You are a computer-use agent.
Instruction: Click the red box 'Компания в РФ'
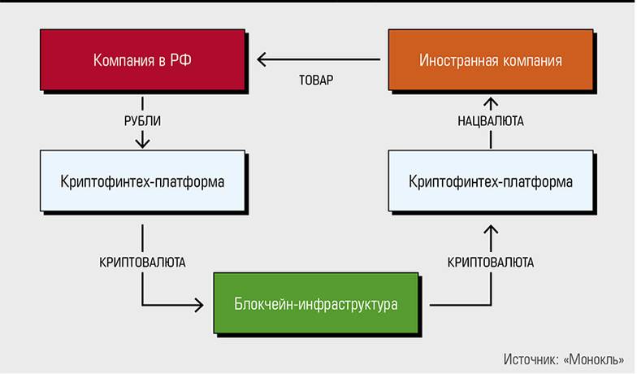pos(142,60)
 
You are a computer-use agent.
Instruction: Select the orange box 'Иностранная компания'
pos(490,60)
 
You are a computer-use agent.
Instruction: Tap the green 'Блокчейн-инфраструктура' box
pos(317,305)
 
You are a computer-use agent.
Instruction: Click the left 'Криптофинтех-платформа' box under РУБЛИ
pos(142,180)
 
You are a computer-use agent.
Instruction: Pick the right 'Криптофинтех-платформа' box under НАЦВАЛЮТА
pos(490,181)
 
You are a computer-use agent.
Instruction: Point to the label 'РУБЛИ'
pos(142,121)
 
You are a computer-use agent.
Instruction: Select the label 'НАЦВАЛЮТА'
pos(490,121)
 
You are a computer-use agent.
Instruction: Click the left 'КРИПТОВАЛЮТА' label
pos(142,263)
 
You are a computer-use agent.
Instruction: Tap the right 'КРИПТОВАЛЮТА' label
pos(490,263)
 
